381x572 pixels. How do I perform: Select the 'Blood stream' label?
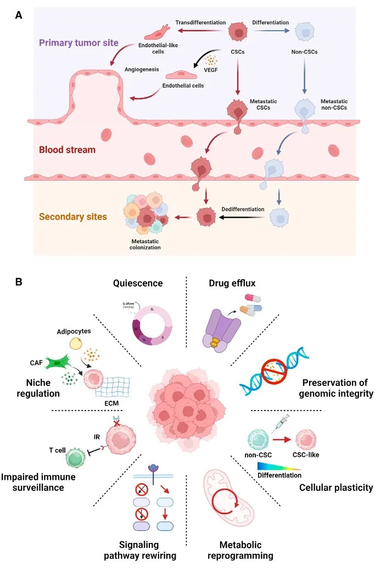tap(68, 150)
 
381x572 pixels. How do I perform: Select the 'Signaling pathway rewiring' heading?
tap(147, 548)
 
